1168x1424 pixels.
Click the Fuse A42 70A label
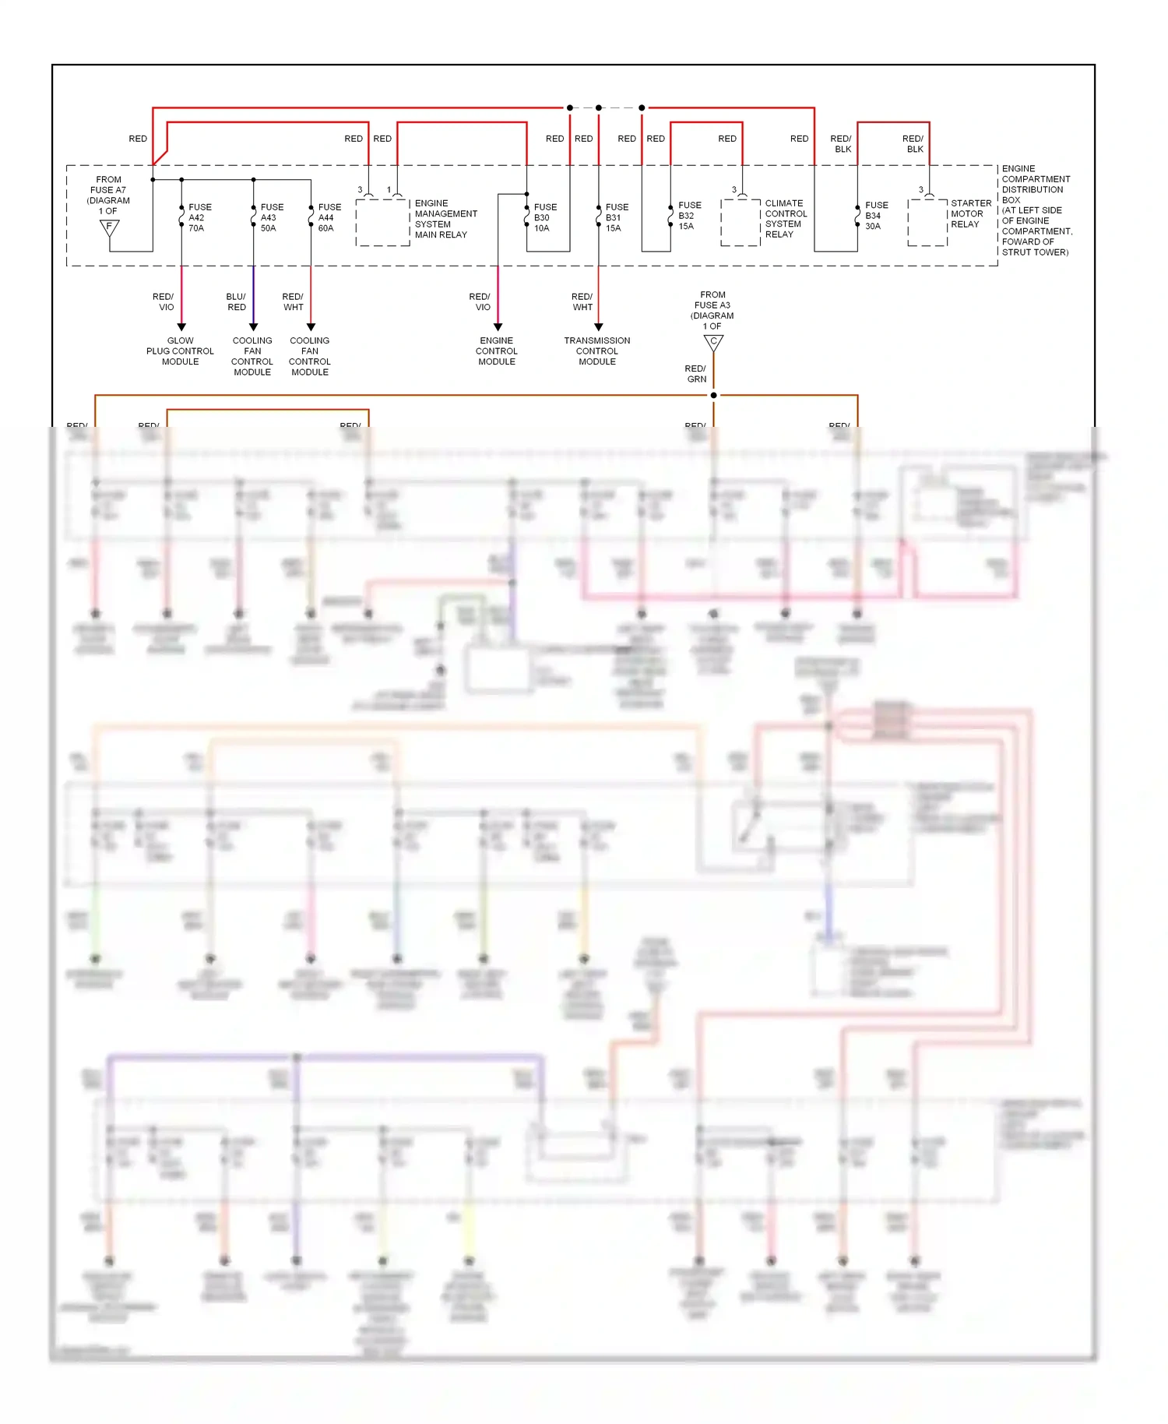coord(199,217)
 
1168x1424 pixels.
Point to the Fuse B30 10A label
coord(544,217)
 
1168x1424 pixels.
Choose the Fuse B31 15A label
coord(616,217)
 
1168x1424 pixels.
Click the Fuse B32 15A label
coord(688,216)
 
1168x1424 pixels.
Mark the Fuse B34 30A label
coord(875,216)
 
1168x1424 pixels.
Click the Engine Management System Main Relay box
coord(382,222)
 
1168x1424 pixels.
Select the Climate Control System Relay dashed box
coord(740,222)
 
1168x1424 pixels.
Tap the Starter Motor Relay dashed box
coord(927,222)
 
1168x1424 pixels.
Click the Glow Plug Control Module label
coord(180,351)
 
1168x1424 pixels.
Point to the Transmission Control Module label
coord(597,351)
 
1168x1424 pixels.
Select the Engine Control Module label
coord(497,351)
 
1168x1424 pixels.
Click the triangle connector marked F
coord(110,227)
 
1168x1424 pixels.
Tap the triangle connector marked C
coord(713,342)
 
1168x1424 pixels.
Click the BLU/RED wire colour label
coord(236,302)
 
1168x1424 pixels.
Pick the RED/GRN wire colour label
coord(695,374)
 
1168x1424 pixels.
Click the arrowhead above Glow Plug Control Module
coord(181,327)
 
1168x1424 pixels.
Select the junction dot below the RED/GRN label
coord(713,396)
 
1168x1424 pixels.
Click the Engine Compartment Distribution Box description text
coord(1036,210)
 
